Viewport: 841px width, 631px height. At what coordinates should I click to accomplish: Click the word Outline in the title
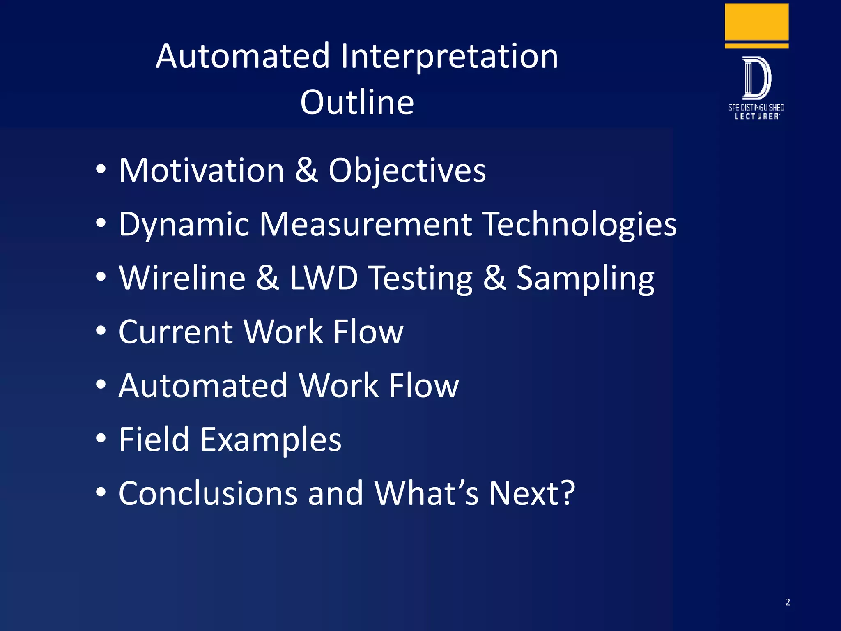point(357,102)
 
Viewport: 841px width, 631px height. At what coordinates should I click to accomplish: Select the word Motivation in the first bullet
point(201,170)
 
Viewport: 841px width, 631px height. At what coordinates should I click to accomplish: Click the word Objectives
point(407,170)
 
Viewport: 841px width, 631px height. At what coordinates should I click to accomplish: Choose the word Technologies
point(579,225)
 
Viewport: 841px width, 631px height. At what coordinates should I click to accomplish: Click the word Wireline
point(182,278)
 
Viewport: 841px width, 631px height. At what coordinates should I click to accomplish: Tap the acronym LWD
point(324,278)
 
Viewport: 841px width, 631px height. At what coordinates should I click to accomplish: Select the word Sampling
point(585,278)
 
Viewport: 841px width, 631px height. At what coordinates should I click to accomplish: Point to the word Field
point(154,440)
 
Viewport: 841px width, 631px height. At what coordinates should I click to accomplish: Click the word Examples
point(271,440)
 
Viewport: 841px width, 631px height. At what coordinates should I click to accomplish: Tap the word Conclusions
point(208,493)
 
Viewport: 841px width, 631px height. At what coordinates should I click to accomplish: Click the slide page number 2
point(788,602)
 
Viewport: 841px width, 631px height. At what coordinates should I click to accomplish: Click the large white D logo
point(756,78)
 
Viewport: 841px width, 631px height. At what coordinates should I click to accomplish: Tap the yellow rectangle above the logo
point(756,21)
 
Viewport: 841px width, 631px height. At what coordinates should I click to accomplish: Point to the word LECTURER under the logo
point(757,117)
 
